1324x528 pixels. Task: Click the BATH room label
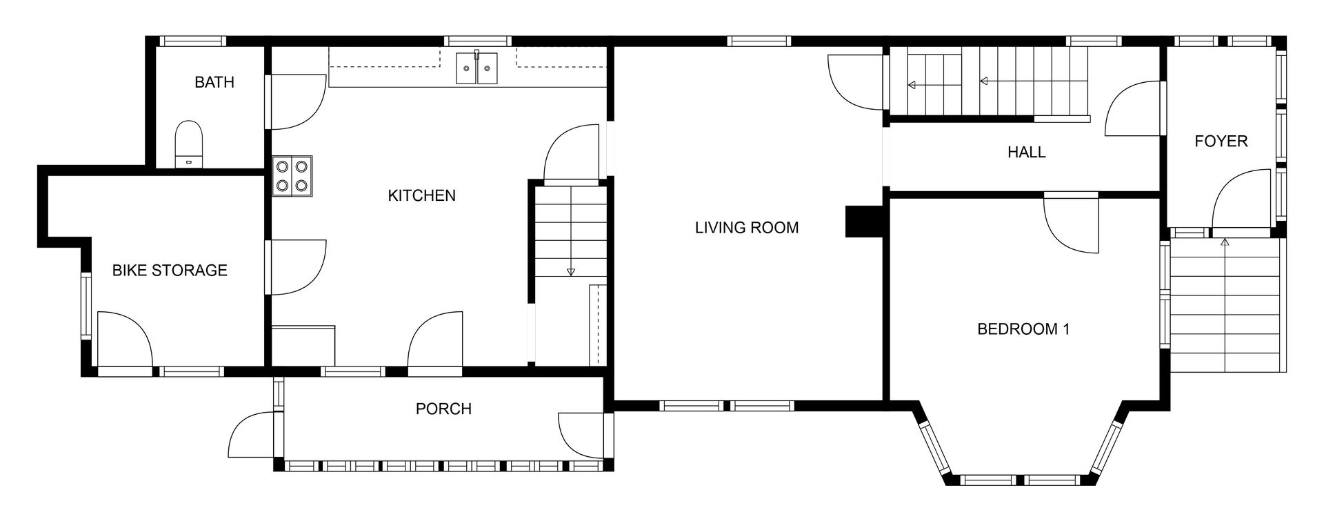point(214,82)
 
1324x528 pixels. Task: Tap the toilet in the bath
point(189,144)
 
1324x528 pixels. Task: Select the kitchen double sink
point(477,68)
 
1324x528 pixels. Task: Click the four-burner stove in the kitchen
point(292,176)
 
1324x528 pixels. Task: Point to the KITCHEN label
point(422,195)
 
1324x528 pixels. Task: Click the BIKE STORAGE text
point(170,270)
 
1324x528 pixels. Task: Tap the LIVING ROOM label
point(747,227)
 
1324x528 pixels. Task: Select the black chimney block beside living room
point(864,222)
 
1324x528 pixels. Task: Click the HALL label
point(1027,152)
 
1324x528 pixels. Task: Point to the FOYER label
point(1221,141)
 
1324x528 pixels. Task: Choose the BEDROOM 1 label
point(1023,329)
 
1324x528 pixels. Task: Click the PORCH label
point(443,409)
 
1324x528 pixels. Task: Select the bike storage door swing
point(124,338)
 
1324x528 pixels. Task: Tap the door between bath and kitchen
point(297,101)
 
